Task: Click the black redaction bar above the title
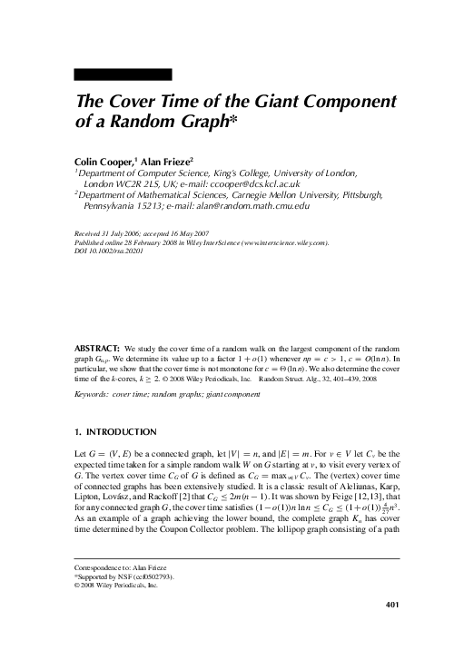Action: point(123,74)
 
